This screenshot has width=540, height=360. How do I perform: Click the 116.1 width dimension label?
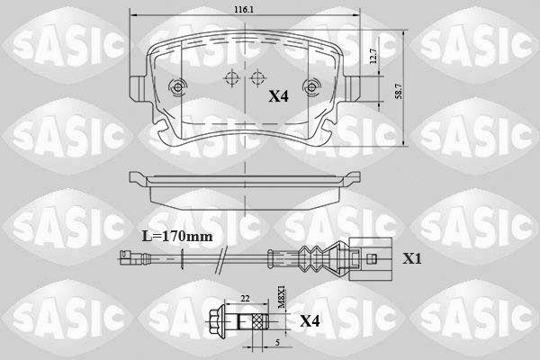[244, 10]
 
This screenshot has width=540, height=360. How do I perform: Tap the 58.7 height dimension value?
[399, 91]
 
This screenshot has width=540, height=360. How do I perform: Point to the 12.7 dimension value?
[373, 56]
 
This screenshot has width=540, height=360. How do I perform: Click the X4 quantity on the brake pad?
[278, 96]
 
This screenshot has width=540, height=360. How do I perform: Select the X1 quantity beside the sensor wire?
[412, 258]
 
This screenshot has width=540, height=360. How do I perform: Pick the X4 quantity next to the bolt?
[310, 321]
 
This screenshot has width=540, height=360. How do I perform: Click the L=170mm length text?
[177, 237]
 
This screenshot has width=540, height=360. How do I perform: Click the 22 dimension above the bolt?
[245, 299]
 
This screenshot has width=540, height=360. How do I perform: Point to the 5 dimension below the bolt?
[277, 342]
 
